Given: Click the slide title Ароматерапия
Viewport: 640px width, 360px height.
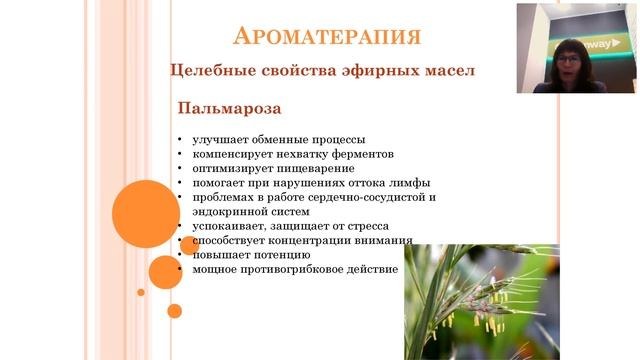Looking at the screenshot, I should coord(326,37).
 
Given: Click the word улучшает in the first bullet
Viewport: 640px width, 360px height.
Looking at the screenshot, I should coord(218,140).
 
